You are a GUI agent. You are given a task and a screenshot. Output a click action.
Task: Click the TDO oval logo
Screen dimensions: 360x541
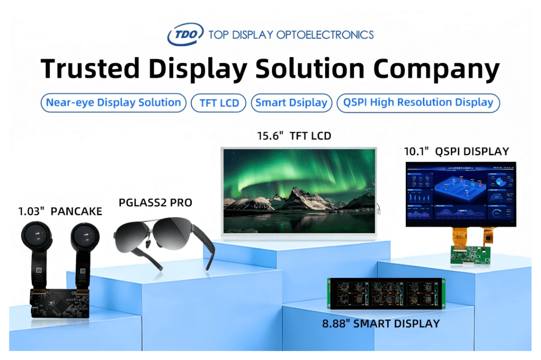[185, 34]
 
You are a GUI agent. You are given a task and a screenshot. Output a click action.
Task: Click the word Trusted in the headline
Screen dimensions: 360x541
[90, 69]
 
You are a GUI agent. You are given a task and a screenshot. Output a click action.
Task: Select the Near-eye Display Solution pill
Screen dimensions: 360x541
[113, 103]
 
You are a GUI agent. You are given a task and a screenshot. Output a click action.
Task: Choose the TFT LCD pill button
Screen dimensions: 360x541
[218, 103]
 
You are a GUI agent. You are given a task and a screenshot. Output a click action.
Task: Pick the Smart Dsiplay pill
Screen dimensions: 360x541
[291, 103]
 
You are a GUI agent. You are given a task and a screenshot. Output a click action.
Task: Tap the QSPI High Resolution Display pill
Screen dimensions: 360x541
[418, 103]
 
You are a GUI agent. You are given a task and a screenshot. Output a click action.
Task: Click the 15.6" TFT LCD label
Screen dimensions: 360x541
[294, 136]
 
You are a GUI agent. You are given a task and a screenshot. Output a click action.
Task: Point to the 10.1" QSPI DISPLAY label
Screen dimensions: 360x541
[456, 151]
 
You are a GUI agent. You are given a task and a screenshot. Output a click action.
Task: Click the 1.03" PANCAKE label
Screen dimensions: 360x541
[61, 212]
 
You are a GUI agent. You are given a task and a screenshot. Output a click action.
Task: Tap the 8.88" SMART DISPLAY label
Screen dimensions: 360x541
[381, 324]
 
